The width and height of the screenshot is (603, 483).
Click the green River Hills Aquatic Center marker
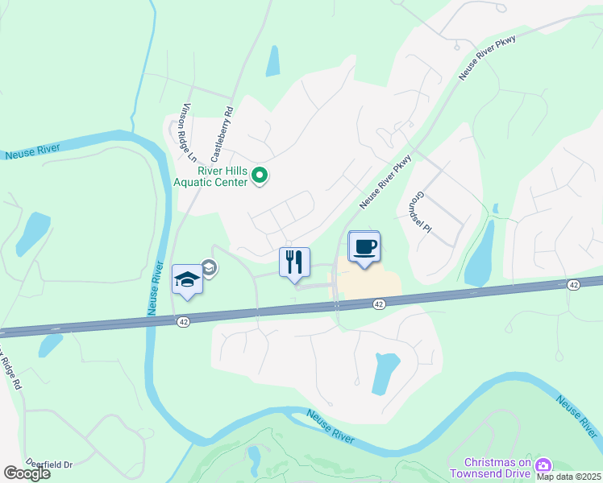[260, 175]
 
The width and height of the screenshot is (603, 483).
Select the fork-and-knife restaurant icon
[294, 262]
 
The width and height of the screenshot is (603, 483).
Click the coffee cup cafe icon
[364, 246]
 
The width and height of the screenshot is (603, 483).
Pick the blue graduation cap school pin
[187, 279]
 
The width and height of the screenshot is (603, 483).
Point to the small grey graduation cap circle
[209, 268]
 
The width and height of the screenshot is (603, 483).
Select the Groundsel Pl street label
[422, 212]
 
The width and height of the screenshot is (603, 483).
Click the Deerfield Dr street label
[49, 464]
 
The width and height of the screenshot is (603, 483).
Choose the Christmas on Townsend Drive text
[498, 468]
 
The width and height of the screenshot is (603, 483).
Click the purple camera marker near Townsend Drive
[543, 465]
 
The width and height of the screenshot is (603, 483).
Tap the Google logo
[27, 473]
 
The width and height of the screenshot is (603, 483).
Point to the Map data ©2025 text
[569, 476]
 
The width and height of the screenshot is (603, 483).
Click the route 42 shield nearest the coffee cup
[379, 303]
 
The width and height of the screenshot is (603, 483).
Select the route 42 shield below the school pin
[184, 321]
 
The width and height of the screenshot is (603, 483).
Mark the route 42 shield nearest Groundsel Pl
[573, 285]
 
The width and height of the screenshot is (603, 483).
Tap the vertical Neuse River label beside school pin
[155, 289]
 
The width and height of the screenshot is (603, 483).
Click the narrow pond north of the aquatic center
[272, 61]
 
